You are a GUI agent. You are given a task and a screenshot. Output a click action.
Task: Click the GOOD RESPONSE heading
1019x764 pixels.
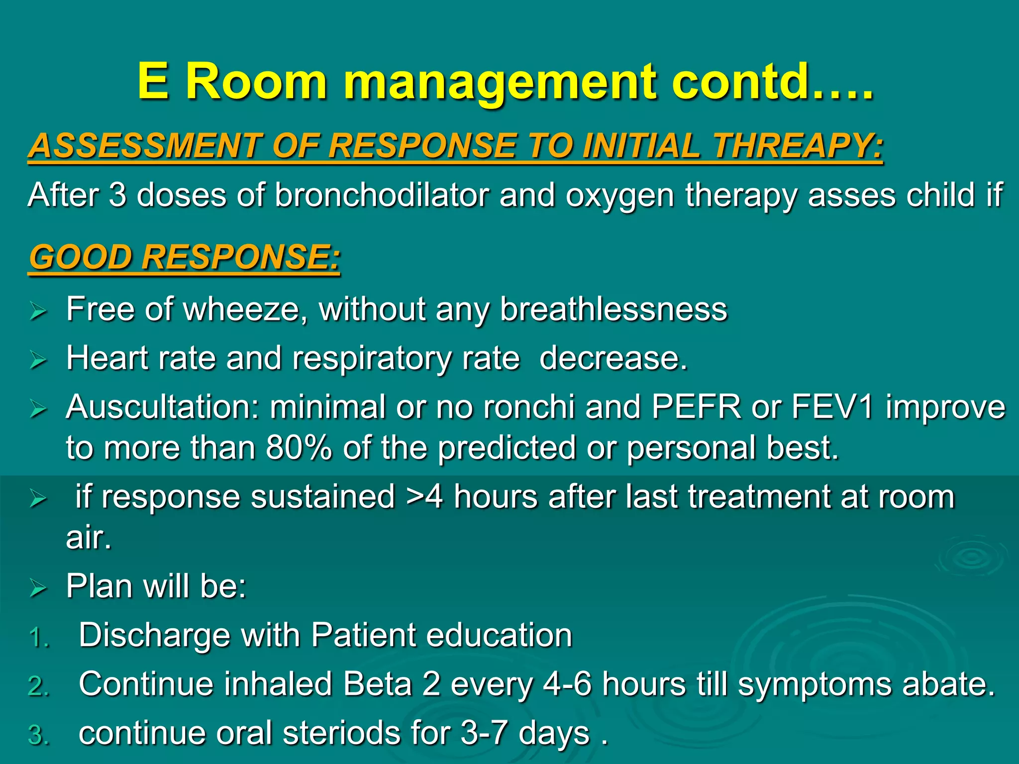pos(185,258)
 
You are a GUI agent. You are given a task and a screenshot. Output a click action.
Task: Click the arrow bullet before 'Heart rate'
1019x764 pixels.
pos(38,360)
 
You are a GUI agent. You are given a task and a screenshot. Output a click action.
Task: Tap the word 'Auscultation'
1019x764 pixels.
pos(162,407)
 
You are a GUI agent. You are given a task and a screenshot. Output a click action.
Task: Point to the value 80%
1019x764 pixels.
pos(299,448)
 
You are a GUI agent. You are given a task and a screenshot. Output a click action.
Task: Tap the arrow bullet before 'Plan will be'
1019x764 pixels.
pos(38,588)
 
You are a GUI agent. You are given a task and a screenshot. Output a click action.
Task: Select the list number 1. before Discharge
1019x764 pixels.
pos(39,638)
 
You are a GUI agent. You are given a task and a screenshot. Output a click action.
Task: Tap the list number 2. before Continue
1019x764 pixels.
pos(39,686)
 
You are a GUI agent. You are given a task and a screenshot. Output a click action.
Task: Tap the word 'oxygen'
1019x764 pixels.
pos(620,196)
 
